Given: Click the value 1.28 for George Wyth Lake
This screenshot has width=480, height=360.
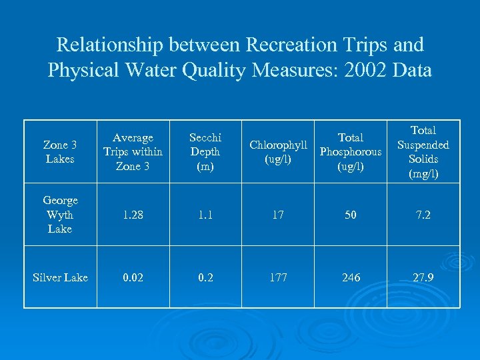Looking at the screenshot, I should [x=133, y=215].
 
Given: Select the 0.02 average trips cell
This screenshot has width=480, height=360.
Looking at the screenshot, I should [x=133, y=277].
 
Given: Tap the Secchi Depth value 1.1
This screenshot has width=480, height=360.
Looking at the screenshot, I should [x=205, y=215].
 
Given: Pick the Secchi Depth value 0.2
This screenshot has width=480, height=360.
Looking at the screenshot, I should [x=205, y=277].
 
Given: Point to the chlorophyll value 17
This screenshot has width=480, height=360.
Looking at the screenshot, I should [x=278, y=215].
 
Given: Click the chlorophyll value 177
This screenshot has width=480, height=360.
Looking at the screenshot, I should [x=278, y=277].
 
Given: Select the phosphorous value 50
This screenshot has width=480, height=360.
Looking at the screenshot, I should [x=351, y=215].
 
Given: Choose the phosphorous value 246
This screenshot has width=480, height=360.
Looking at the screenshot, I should [x=351, y=277].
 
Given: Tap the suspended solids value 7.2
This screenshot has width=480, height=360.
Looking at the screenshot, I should [x=423, y=215].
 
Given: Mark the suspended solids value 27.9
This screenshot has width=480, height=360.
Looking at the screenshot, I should [x=423, y=277].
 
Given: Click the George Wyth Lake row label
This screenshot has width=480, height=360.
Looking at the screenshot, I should [x=60, y=215].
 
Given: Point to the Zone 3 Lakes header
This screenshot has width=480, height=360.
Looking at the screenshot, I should [x=60, y=152].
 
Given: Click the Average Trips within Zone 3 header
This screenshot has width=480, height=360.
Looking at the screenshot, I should [x=133, y=152].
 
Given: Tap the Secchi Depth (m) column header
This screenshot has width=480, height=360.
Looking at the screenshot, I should [x=205, y=152].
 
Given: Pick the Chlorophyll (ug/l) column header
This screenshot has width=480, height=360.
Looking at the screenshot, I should [x=278, y=152].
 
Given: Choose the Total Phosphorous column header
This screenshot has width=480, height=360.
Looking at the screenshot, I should [x=351, y=152].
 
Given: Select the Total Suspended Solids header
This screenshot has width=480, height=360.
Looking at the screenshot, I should [x=423, y=152].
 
